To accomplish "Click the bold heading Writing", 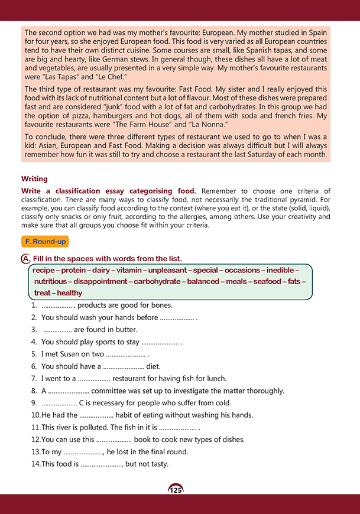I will pos(34,178).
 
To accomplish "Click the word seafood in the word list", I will pos(267,281).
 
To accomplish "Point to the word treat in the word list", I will pos(43,292).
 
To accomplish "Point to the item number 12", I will pos(35,440).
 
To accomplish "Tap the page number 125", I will pos(176,490).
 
